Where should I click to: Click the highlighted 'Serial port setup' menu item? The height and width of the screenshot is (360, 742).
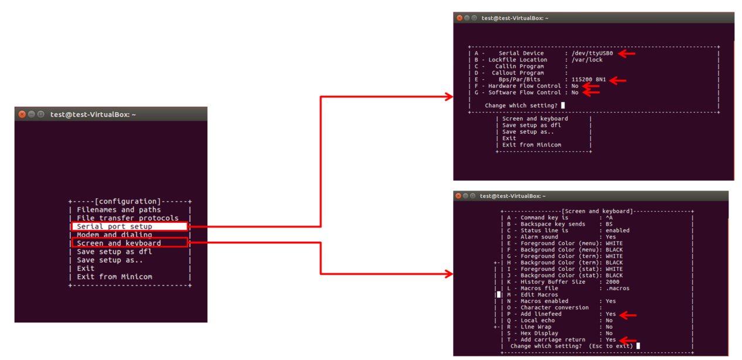point(114,226)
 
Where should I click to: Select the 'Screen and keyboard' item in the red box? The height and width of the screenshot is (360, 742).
point(118,243)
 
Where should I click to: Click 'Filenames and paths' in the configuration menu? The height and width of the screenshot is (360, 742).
point(118,209)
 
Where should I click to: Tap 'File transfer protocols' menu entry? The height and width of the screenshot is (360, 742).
point(127,218)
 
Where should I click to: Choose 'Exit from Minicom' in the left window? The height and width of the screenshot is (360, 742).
point(114,277)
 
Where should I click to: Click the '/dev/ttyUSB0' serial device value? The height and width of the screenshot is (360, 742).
point(592,53)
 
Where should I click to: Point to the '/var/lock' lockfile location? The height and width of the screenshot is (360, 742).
point(587,60)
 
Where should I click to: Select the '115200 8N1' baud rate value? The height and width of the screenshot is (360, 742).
point(588,80)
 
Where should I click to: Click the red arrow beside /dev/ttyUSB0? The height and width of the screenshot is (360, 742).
point(627,53)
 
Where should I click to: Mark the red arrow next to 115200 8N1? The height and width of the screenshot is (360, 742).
point(618,80)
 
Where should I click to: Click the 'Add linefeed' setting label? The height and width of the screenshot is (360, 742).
point(541,314)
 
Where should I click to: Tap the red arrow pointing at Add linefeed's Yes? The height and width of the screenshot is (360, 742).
point(628,315)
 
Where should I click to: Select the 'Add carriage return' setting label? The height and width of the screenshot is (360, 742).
point(552,340)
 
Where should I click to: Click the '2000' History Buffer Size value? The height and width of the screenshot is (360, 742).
point(612,282)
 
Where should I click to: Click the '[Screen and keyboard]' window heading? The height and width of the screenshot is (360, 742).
point(597,211)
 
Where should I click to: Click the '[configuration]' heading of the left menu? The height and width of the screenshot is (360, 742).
point(127,201)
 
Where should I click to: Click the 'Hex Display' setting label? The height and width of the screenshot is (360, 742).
point(539,334)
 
